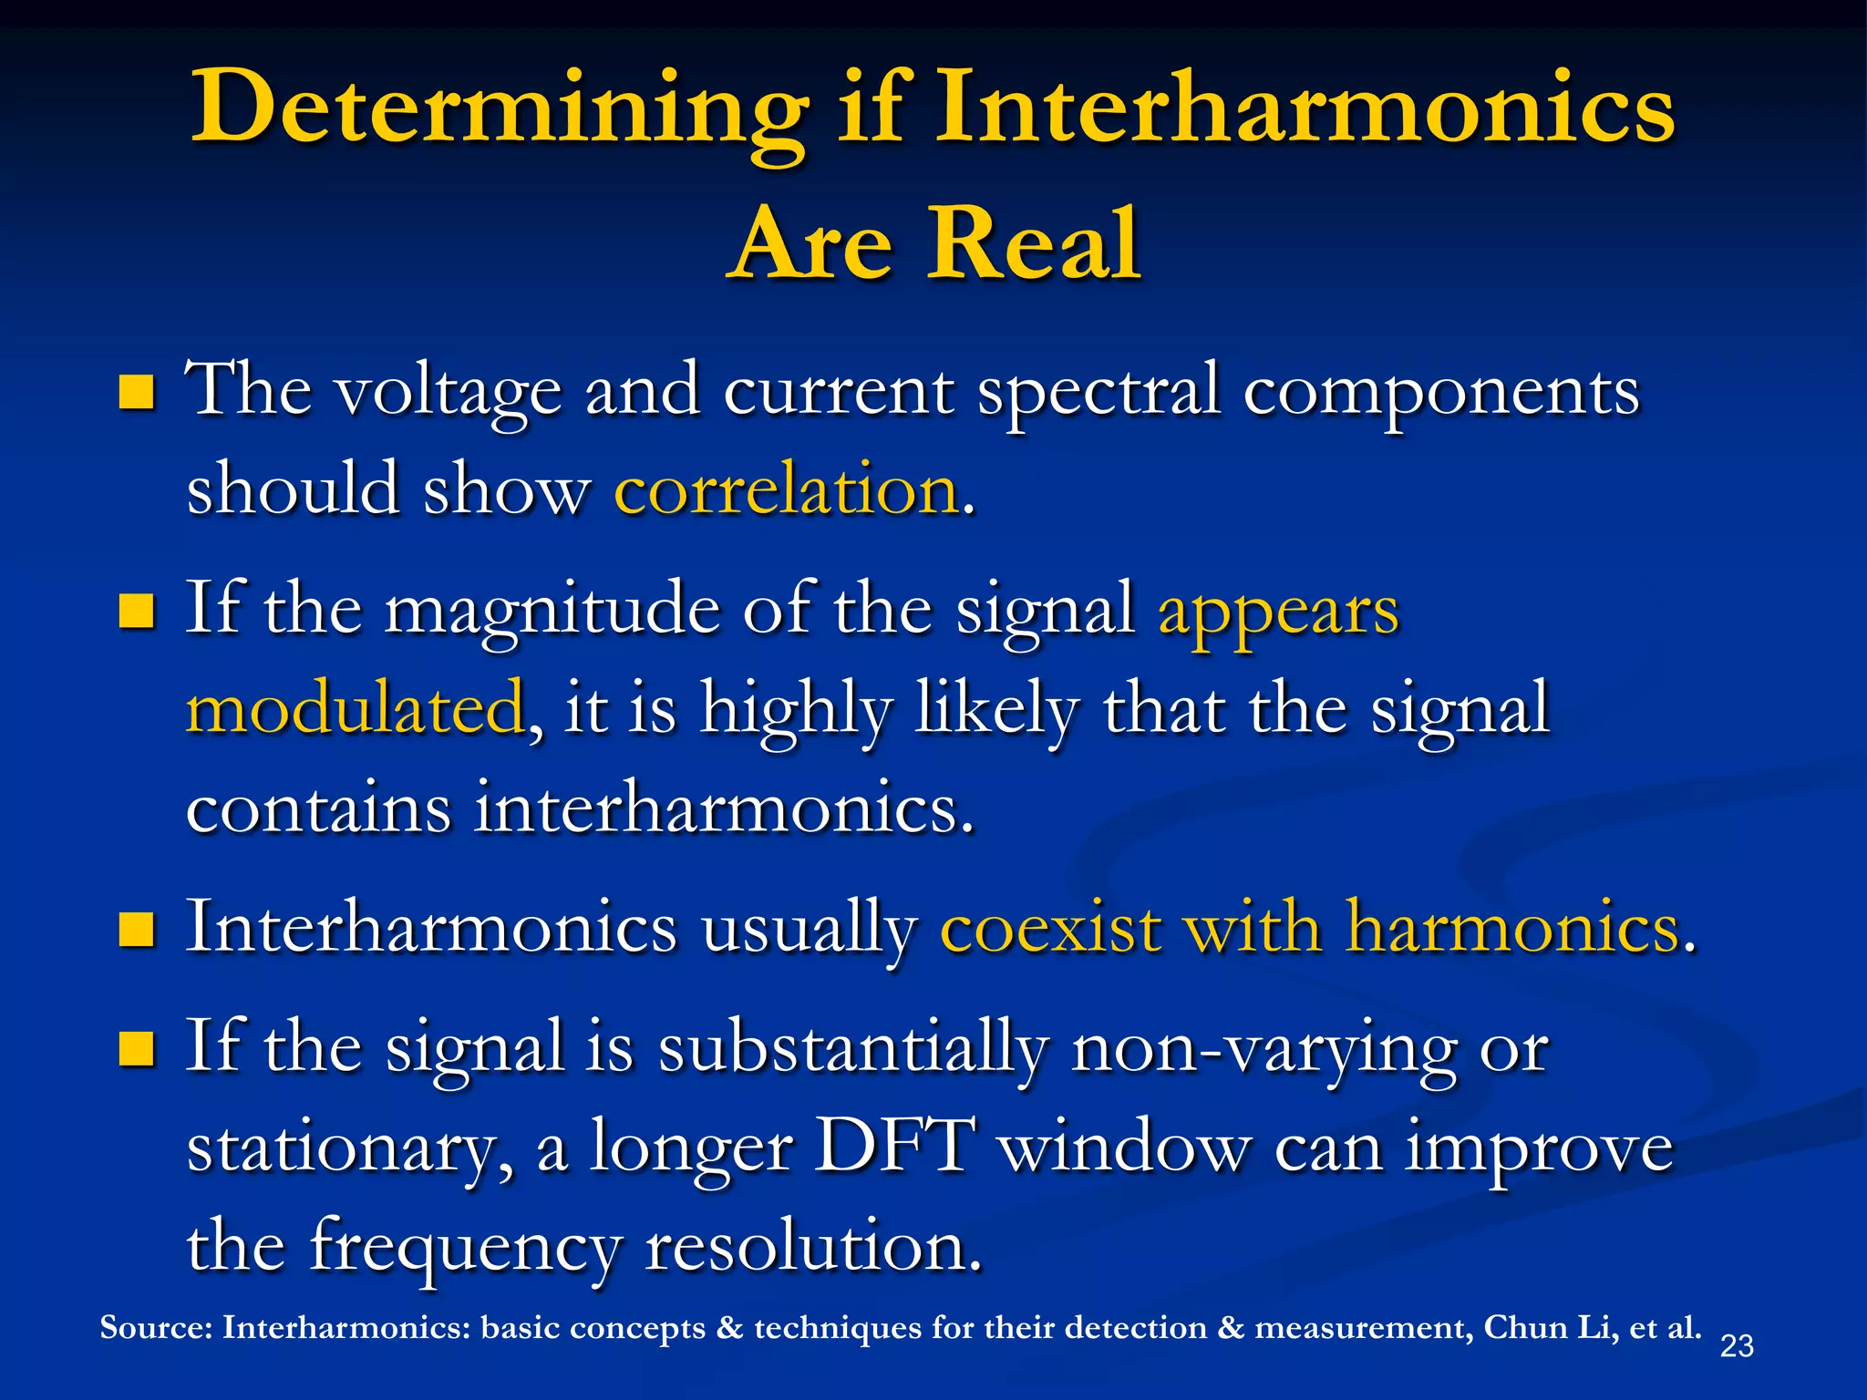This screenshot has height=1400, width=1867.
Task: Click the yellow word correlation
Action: pyautogui.click(x=787, y=490)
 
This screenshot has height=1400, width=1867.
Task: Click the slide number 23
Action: pyautogui.click(x=1736, y=1346)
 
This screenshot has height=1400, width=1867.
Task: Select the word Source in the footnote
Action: pyautogui.click(x=156, y=1328)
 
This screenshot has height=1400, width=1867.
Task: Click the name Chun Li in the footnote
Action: pyautogui.click(x=1550, y=1328)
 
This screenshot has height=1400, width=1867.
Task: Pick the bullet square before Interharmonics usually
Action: pyautogui.click(x=136, y=931)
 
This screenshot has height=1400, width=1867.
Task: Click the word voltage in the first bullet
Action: pyautogui.click(x=447, y=393)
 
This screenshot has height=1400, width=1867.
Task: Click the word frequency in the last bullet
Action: pyautogui.click(x=465, y=1248)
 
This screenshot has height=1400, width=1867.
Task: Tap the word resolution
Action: pyautogui.click(x=813, y=1246)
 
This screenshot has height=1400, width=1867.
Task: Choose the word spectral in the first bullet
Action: pyautogui.click(x=1098, y=393)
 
